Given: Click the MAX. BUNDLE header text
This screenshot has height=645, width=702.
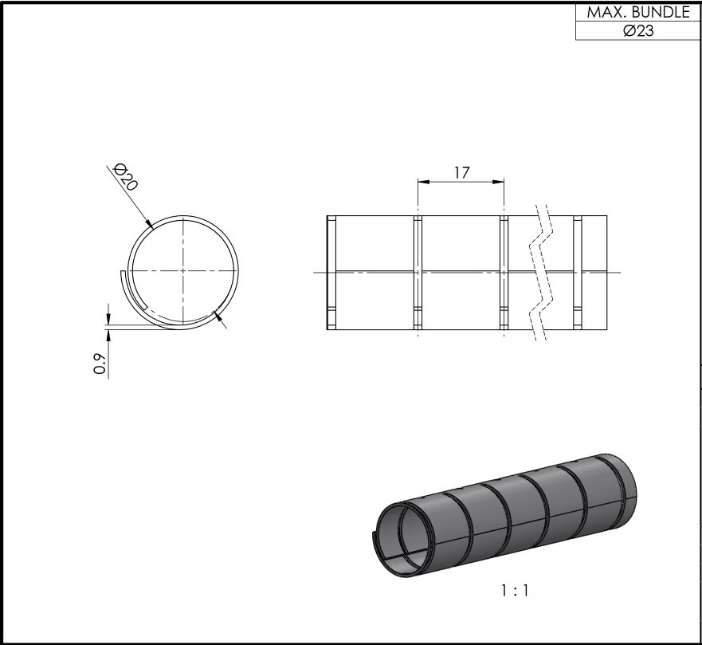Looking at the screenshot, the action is coord(638,12).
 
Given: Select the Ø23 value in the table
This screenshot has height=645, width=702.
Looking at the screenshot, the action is coord(638,30).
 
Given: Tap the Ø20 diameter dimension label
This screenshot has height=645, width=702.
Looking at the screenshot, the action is coord(126,176).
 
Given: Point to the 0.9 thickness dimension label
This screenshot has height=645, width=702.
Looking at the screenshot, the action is coord(100,364).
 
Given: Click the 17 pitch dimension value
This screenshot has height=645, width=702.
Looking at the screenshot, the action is coord(461,172).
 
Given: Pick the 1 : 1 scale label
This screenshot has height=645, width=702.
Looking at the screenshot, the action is coord(515,591).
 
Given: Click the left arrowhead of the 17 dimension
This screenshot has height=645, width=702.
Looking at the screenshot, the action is coord(424,182).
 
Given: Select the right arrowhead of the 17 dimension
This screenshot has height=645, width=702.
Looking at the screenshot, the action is coord(498,182).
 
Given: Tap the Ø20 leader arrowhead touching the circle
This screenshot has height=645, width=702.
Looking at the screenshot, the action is coord(150,224).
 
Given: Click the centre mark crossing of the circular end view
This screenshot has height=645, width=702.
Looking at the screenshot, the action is coord(182,270).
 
